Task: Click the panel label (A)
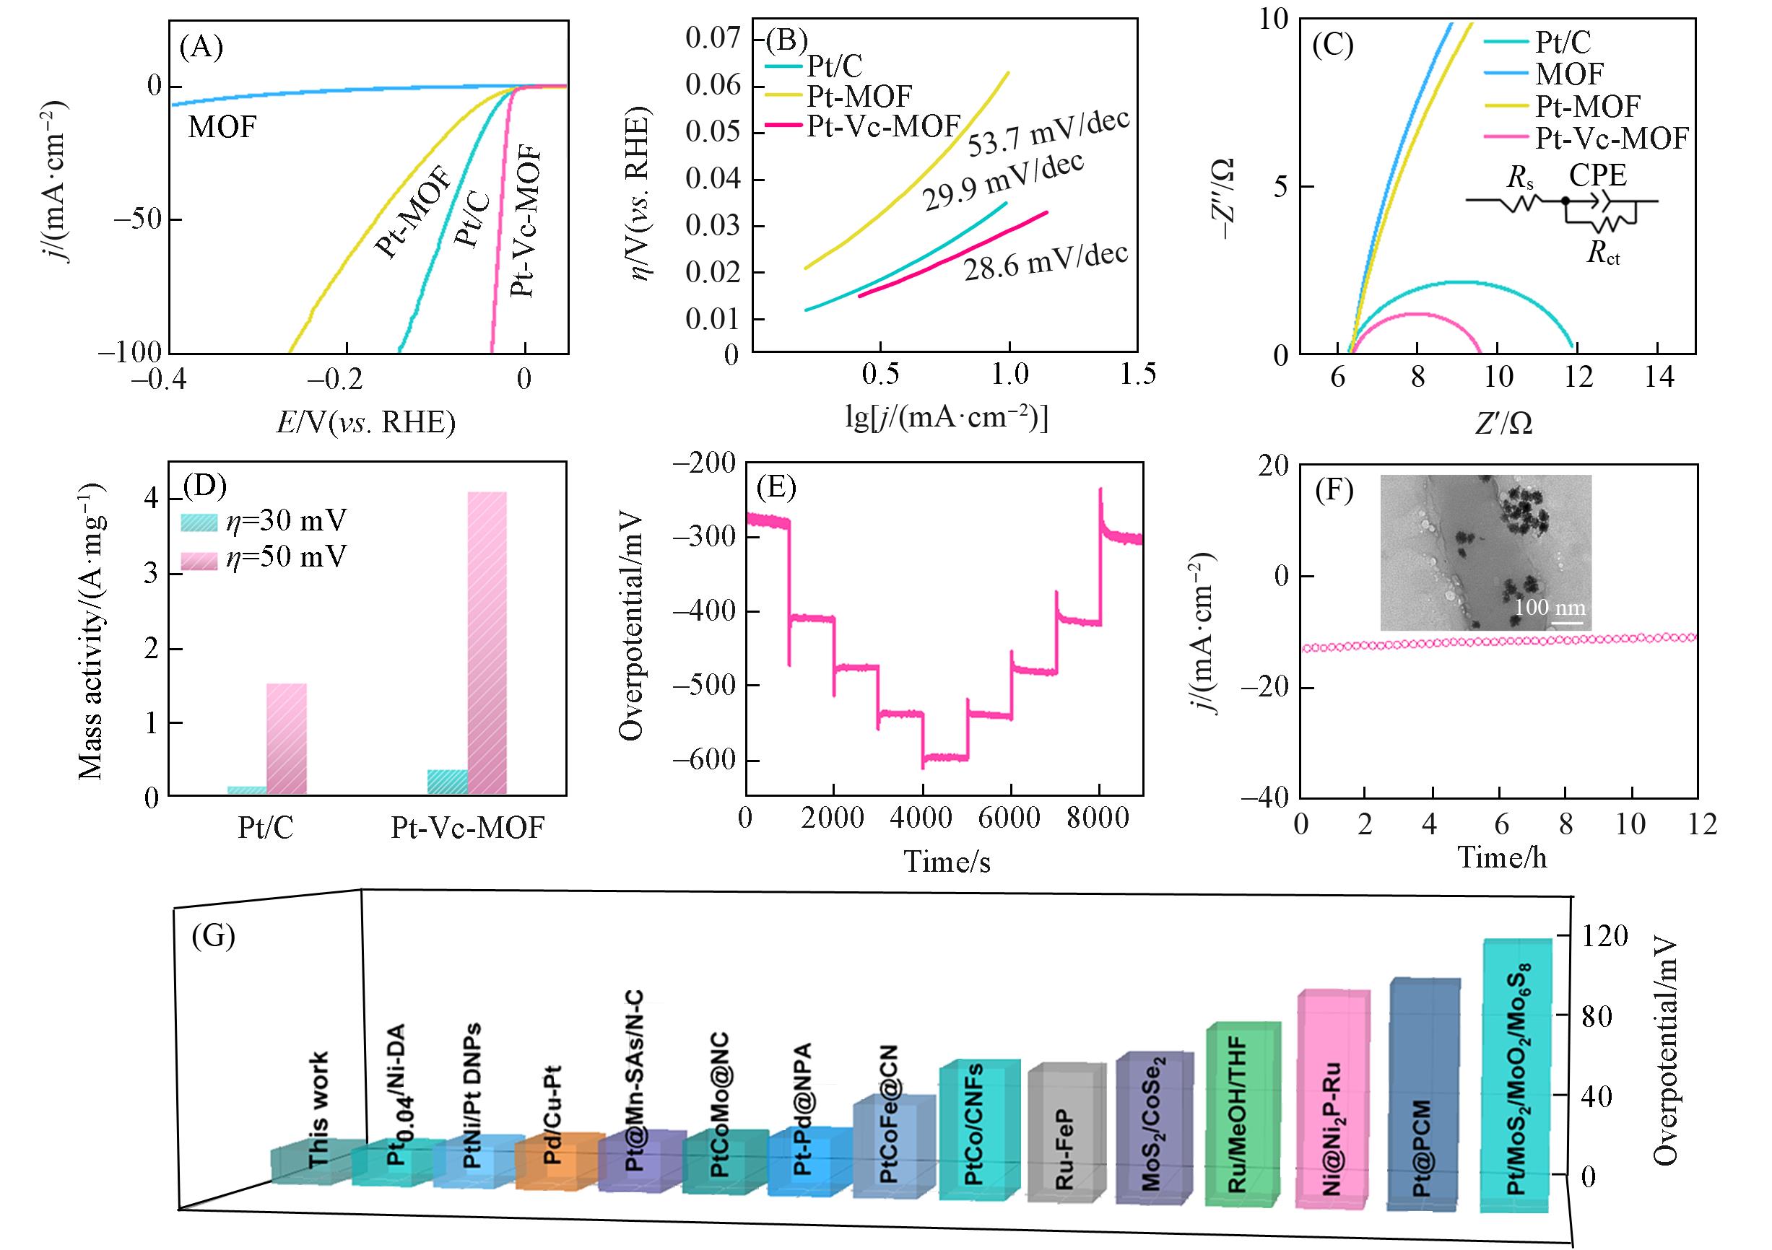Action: tap(201, 48)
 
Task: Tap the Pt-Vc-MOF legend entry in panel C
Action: tap(1610, 138)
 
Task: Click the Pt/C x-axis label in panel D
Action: tap(265, 828)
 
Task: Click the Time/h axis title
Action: tap(1501, 857)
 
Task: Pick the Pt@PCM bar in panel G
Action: tap(1424, 1107)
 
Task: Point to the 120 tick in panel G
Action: tap(1603, 937)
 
